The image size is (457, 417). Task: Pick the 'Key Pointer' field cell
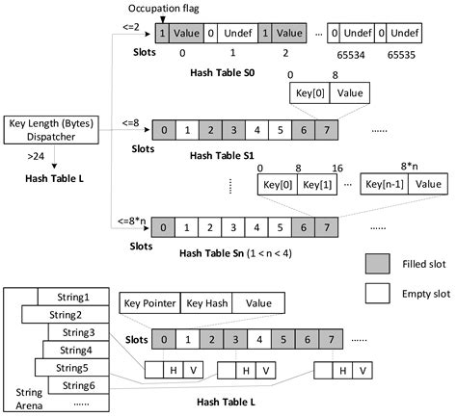tap(149, 302)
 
